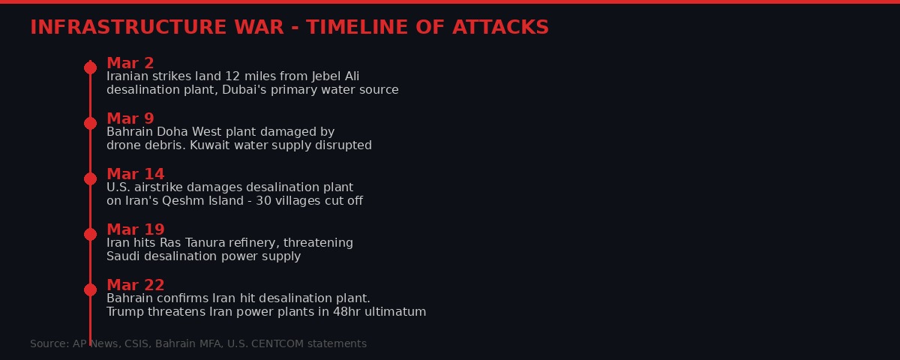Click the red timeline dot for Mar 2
click(90, 67)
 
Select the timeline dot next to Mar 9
click(90, 123)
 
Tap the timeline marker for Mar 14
click(90, 178)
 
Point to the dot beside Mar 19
click(90, 234)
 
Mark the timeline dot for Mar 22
click(90, 289)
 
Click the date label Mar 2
click(130, 63)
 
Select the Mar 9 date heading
click(130, 118)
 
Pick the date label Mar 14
click(135, 174)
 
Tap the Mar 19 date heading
click(135, 229)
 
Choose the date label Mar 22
click(135, 285)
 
